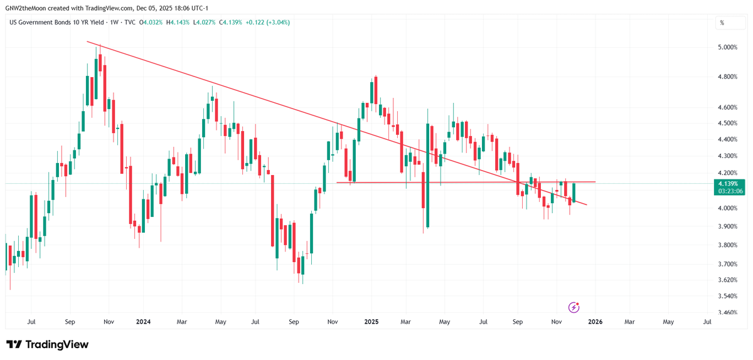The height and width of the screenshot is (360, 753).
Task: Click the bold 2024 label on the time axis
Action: [143, 322]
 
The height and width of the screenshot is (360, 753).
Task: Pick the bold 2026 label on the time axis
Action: [595, 322]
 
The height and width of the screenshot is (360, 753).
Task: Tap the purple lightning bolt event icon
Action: [574, 307]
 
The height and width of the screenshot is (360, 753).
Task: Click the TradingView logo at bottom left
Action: [48, 344]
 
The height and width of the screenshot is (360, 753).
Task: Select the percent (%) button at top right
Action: [722, 23]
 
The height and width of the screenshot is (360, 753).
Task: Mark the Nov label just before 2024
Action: [108, 322]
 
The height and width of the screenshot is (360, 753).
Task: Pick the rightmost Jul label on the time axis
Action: [707, 322]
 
